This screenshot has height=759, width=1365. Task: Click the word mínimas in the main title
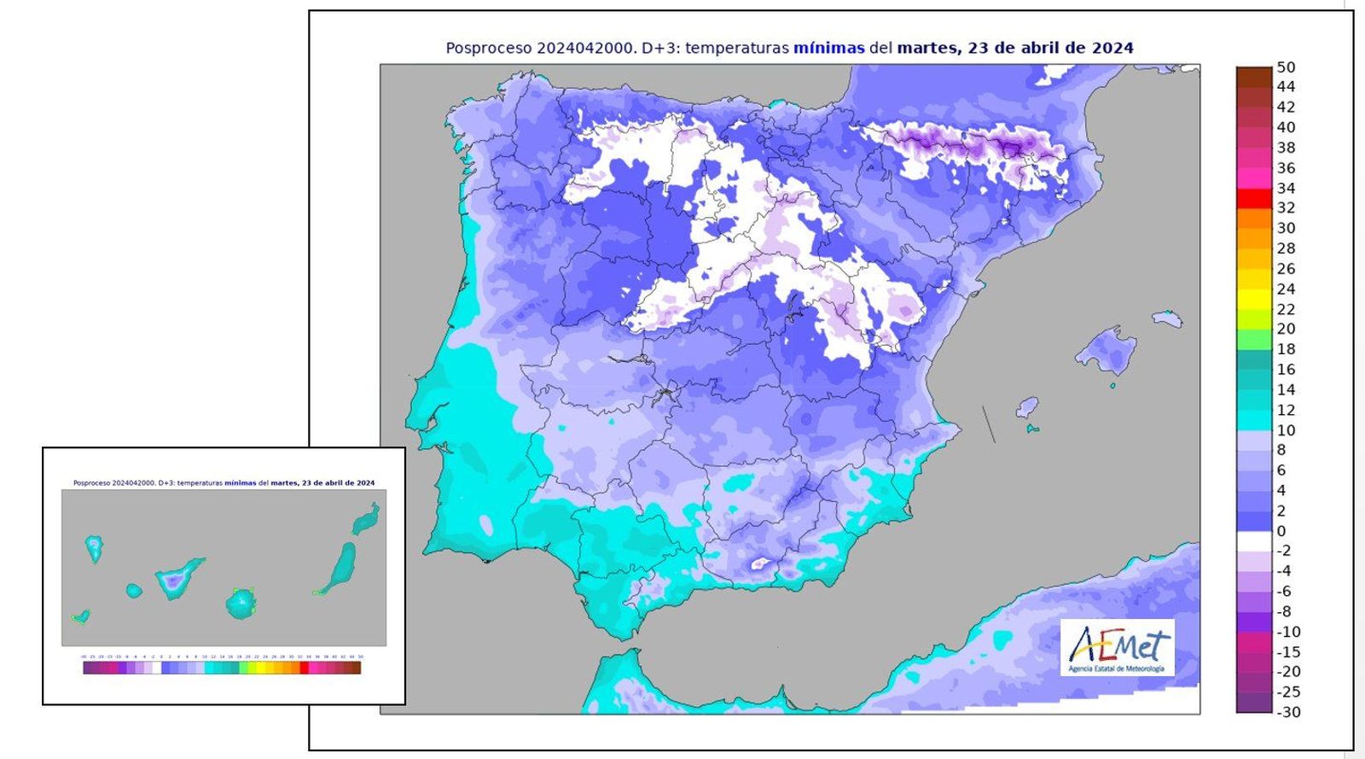828,49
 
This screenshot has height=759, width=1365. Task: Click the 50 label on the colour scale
1286,67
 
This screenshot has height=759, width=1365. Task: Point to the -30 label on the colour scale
1288,712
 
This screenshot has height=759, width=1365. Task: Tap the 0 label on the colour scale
1281,531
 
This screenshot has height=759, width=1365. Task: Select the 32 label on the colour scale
1286,207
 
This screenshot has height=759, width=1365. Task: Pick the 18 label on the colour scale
1286,349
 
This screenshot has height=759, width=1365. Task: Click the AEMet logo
1118,648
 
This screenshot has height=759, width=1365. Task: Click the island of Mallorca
1107,350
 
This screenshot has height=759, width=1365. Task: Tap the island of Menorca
1167,319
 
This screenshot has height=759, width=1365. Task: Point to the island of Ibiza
1027,407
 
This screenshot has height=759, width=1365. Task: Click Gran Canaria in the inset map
241,603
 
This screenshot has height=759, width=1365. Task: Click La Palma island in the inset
94,547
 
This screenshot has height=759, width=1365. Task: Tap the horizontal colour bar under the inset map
222,668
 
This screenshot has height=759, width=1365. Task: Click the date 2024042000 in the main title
586,49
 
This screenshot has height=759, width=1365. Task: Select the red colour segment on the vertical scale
1254,198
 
